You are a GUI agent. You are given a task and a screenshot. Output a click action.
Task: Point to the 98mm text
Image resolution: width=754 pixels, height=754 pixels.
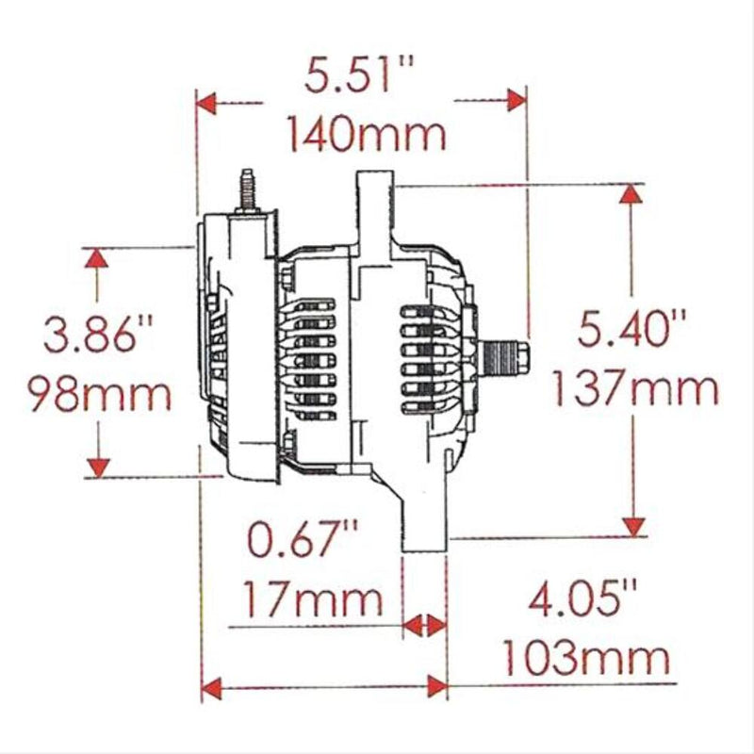(98, 393)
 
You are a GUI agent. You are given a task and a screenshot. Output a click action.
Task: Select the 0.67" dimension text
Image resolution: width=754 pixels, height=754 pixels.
(303, 539)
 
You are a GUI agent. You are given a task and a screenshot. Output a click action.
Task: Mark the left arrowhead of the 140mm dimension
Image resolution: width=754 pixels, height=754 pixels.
(206, 100)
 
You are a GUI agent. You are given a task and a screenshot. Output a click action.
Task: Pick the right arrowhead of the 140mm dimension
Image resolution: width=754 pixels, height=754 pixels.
(515, 100)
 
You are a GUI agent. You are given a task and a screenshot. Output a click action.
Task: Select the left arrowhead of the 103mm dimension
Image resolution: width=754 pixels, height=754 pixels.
(212, 687)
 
